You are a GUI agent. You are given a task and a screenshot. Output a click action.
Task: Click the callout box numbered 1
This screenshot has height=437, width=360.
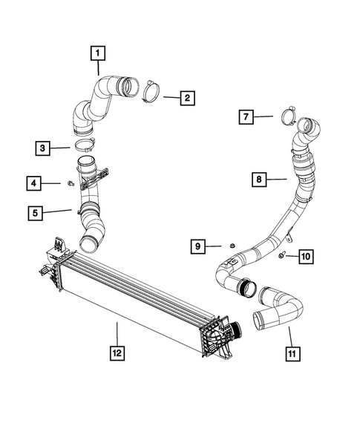pyautogui.click(x=98, y=53)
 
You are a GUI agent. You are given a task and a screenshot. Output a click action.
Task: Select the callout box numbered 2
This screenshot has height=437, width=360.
pyautogui.click(x=187, y=97)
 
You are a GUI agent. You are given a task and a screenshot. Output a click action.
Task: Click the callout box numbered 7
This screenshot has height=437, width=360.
pyautogui.click(x=246, y=116)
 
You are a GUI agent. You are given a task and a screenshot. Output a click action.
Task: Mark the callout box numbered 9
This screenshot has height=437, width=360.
pyautogui.click(x=197, y=246)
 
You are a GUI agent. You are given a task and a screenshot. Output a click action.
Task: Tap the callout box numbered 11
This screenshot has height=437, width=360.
pyautogui.click(x=295, y=353)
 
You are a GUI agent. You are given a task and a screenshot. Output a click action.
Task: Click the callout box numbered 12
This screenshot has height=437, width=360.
pyautogui.click(x=117, y=353)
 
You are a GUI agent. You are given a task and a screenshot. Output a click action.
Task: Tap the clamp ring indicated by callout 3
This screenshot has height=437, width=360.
pyautogui.click(x=83, y=145)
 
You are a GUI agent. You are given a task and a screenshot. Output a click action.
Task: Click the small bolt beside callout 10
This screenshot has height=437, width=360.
pyautogui.click(x=283, y=256)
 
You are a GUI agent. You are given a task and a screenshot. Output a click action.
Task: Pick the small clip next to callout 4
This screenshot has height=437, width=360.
pyautogui.click(x=68, y=182)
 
